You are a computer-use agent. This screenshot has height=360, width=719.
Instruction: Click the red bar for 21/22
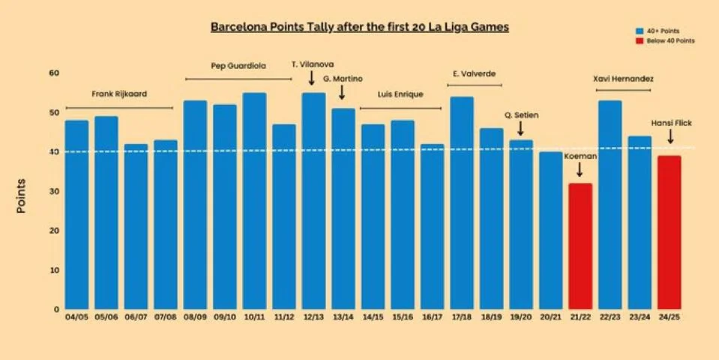tap(580, 246)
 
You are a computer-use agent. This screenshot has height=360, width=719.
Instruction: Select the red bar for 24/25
tap(669, 232)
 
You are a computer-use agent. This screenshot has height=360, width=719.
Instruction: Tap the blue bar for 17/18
tap(462, 203)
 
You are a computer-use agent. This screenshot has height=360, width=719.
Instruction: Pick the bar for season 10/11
tap(254, 201)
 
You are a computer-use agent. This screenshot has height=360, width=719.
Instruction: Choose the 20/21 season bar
tap(551, 231)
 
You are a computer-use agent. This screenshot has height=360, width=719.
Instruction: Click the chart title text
tap(360, 27)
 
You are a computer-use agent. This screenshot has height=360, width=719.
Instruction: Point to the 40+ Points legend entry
tap(658, 31)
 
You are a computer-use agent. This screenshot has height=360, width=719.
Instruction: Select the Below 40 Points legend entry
tap(665, 40)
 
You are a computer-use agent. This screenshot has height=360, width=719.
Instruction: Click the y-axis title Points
tap(21, 196)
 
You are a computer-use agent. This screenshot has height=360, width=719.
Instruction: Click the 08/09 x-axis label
tap(196, 317)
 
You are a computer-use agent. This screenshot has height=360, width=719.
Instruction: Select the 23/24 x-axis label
tap(640, 317)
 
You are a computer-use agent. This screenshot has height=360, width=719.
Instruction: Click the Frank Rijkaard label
tap(119, 94)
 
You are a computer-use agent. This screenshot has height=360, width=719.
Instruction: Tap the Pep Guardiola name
tap(238, 66)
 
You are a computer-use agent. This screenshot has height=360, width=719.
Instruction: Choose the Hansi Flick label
tap(671, 123)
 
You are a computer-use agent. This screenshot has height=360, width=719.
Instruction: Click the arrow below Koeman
tap(580, 169)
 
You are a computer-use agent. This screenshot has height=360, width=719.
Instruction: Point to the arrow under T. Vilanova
tap(311, 77)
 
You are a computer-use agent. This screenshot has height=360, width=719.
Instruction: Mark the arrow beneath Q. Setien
tap(520, 128)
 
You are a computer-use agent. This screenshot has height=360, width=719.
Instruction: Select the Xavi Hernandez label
tap(624, 79)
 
